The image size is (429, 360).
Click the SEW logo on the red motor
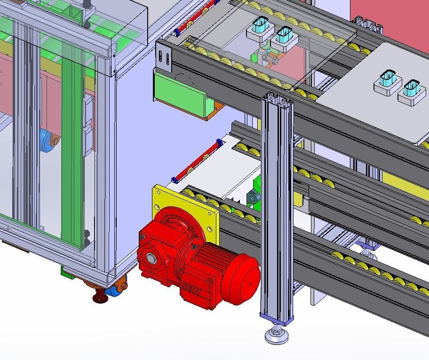click(x=193, y=292)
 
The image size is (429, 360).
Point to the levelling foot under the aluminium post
click(x=277, y=336)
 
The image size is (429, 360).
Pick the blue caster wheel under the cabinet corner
click(x=113, y=292)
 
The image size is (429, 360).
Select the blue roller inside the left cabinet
click(x=47, y=140)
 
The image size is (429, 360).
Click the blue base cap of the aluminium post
click(x=277, y=320)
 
